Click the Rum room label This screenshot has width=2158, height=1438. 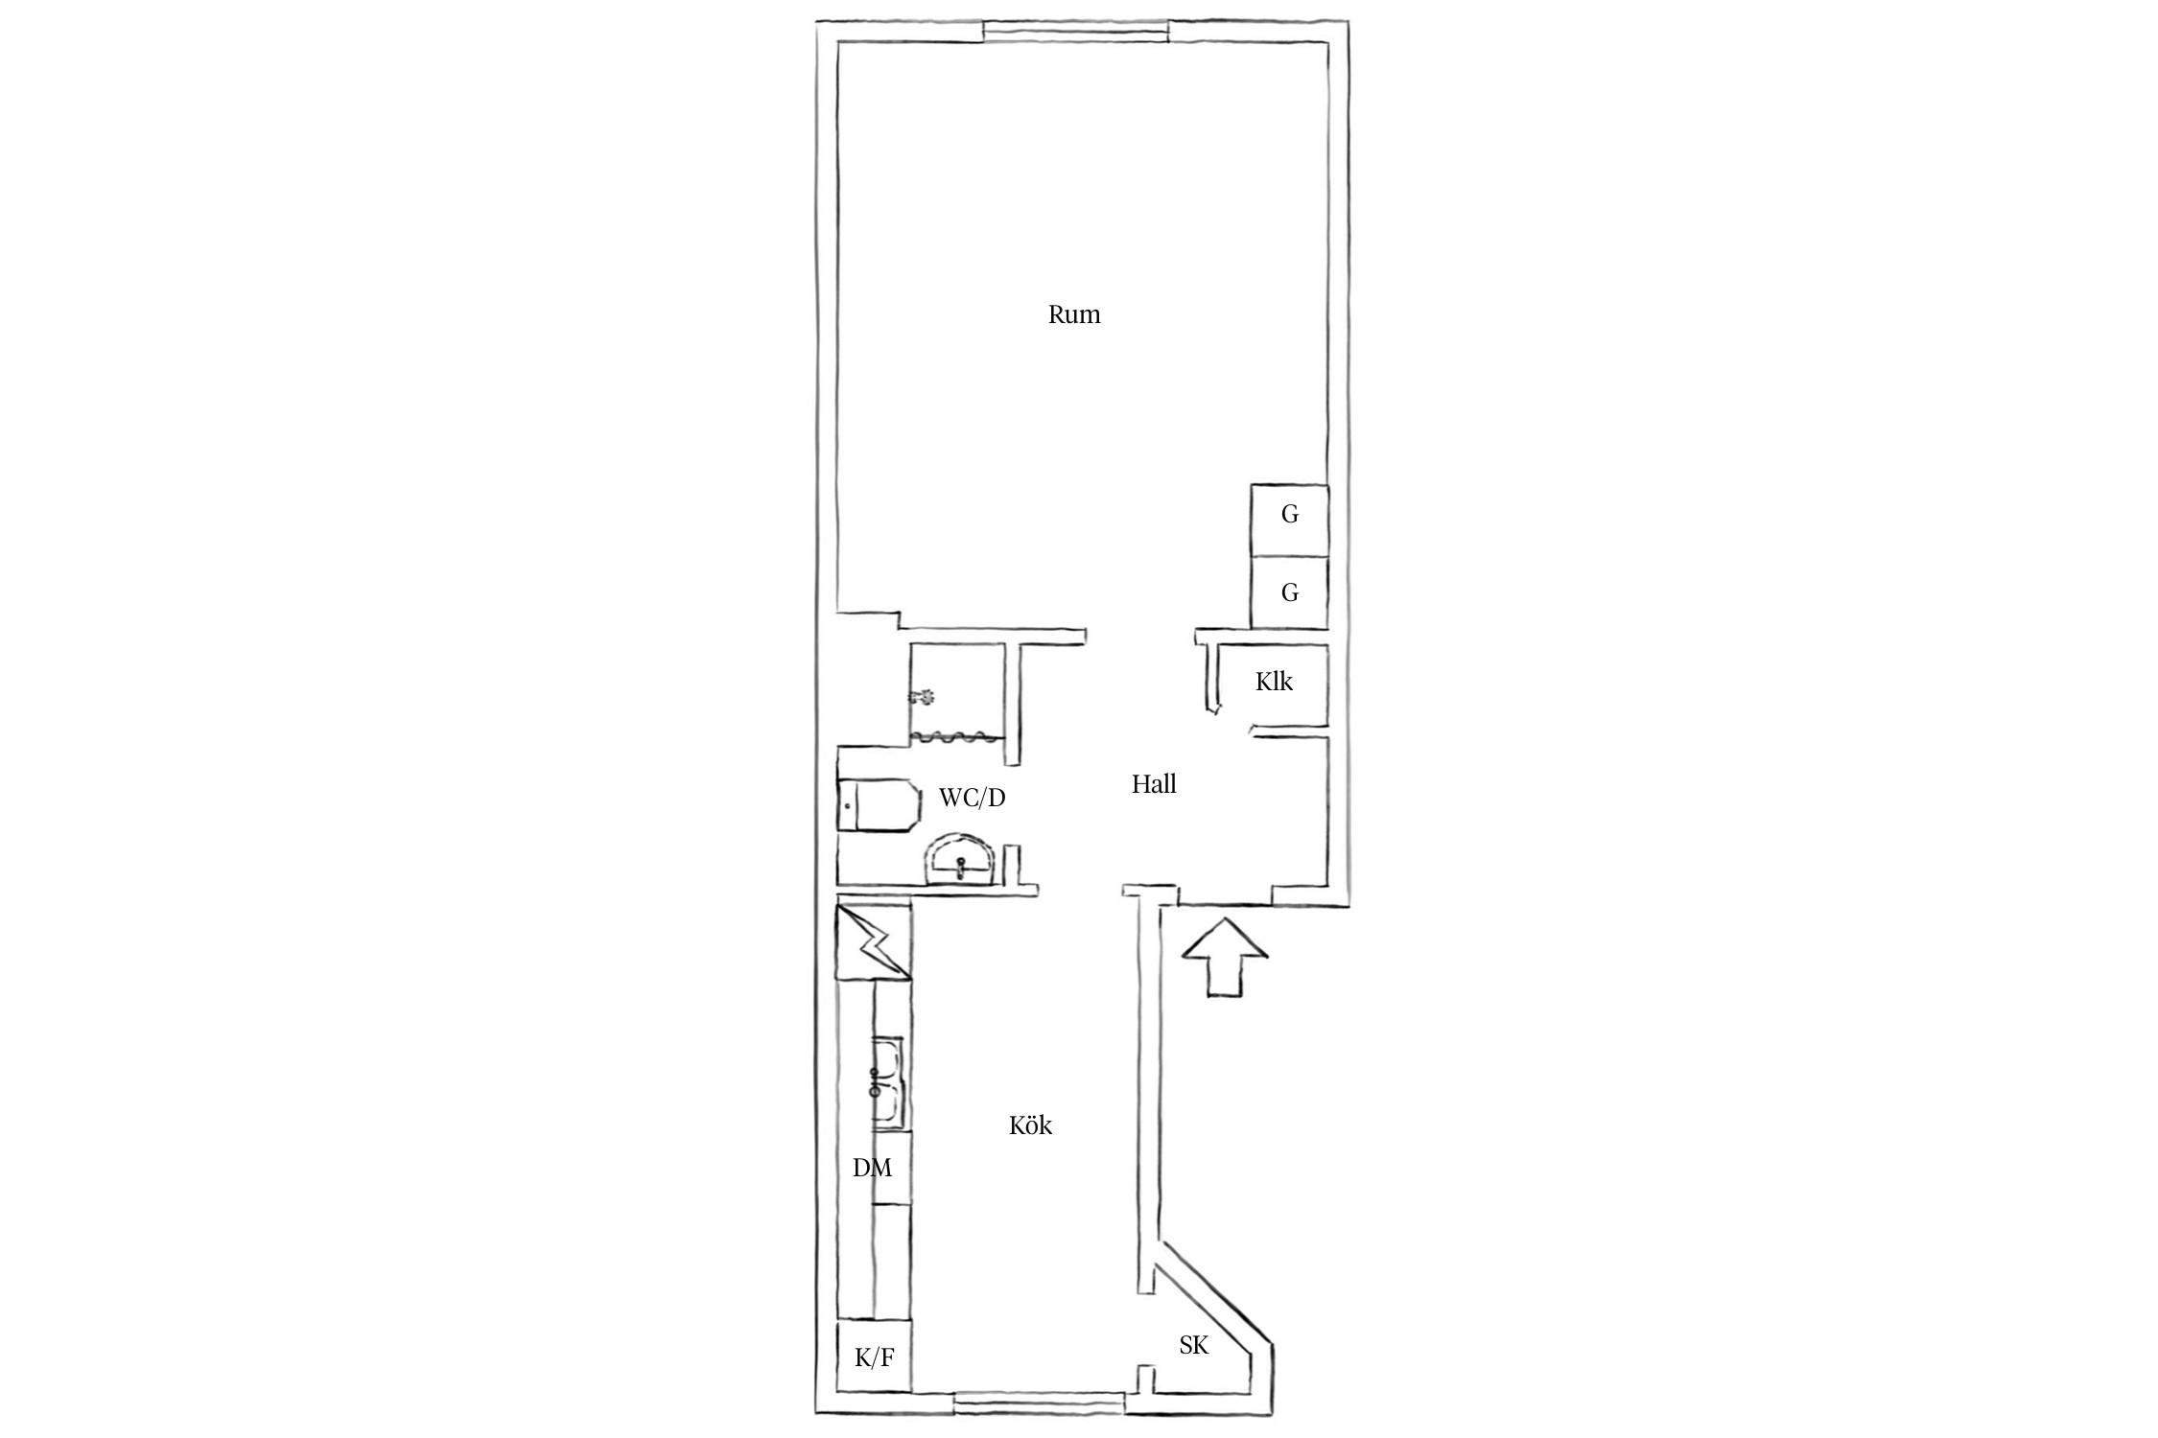[x=1074, y=314]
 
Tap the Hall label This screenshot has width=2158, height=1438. [x=1154, y=784]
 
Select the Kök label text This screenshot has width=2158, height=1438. [x=1030, y=1125]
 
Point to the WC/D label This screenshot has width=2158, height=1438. [x=972, y=797]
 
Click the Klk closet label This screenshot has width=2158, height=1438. [x=1274, y=682]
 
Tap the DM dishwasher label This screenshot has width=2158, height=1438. [x=872, y=1168]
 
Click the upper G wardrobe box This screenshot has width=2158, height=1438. [x=1289, y=520]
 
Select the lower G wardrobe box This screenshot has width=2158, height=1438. [x=1289, y=591]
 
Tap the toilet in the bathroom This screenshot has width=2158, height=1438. [x=879, y=806]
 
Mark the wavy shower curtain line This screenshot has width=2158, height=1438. [x=286, y=737]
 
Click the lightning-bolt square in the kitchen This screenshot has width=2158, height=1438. [x=874, y=943]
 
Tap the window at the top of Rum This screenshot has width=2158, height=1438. [x=1075, y=33]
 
